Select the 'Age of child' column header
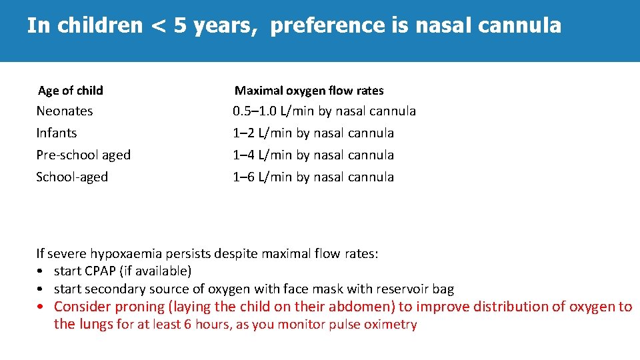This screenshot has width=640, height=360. (x=71, y=91)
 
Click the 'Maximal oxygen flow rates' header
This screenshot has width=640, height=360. (x=309, y=91)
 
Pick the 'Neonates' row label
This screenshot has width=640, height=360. (x=65, y=111)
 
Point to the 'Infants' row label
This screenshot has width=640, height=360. (x=57, y=133)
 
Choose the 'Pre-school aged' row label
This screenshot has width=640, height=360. (x=83, y=155)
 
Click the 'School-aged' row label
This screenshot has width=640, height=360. (x=72, y=177)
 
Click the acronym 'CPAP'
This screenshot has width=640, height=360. (x=102, y=271)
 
